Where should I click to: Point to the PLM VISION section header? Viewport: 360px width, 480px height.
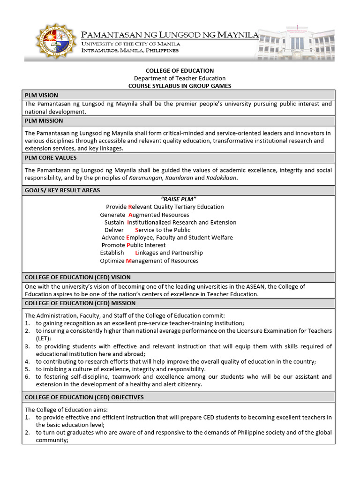pyautogui.click(x=41, y=95)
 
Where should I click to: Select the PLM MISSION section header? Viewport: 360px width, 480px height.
pyautogui.click(x=44, y=121)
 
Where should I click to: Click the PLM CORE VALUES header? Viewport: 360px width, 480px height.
pyautogui.click(x=51, y=157)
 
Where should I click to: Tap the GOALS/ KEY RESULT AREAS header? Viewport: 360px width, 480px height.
pyautogui.click(x=62, y=190)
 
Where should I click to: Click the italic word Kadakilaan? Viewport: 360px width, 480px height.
pyautogui.click(x=222, y=178)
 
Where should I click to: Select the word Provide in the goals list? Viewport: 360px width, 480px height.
pyautogui.click(x=116, y=207)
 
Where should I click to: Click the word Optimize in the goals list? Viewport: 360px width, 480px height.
pyautogui.click(x=112, y=261)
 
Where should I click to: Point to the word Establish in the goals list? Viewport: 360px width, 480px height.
pyautogui.click(x=112, y=253)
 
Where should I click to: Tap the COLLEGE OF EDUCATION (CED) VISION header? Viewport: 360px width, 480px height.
pyautogui.click(x=78, y=277)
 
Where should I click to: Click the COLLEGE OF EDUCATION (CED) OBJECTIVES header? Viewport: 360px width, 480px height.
pyautogui.click(x=84, y=397)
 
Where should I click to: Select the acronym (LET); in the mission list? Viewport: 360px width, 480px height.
pyautogui.click(x=44, y=338)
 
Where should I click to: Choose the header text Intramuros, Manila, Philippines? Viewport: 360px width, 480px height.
pyautogui.click(x=130, y=50)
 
